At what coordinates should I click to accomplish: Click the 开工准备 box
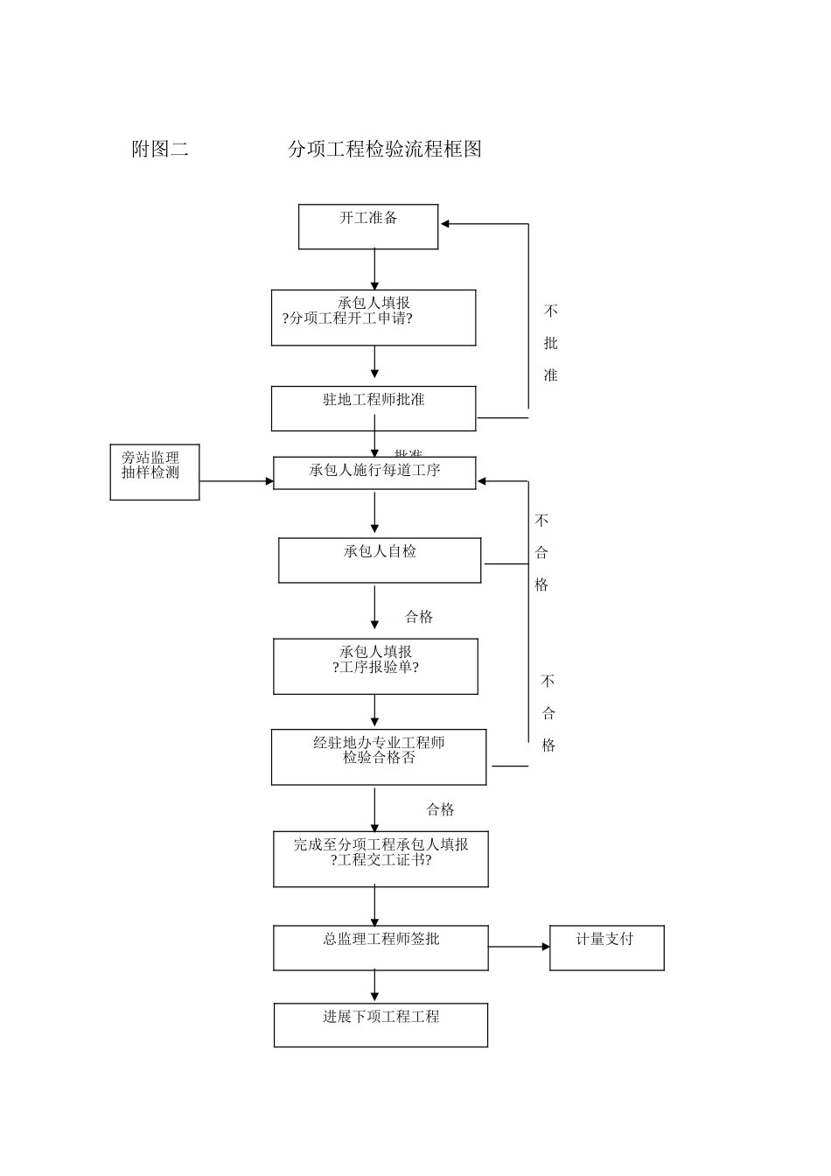368,227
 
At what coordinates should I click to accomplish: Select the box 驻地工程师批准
374,409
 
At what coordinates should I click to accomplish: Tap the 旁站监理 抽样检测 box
155,472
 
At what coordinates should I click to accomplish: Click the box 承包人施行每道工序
374,472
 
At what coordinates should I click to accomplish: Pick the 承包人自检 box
380,560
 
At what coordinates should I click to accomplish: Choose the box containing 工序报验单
375,667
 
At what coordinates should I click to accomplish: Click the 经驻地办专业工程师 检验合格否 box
379,757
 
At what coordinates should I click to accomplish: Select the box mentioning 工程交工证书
381,859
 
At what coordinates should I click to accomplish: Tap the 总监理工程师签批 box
381,948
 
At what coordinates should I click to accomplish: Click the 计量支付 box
606,948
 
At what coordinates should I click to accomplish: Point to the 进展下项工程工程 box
381,1025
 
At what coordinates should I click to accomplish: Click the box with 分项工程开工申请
374,318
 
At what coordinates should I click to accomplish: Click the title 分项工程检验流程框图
385,150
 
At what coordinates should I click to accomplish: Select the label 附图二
160,150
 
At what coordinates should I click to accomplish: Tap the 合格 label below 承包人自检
419,618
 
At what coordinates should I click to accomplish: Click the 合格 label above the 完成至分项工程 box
440,810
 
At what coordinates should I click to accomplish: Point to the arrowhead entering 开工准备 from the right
445,224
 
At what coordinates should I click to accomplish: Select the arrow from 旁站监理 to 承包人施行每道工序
236,481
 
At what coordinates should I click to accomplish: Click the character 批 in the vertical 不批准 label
550,344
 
